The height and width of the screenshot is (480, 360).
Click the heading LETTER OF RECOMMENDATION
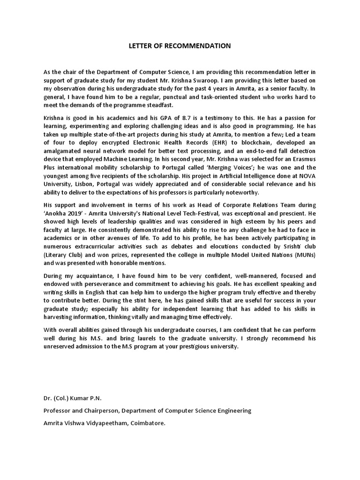coord(180,46)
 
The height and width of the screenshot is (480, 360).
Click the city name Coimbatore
coord(149,422)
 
